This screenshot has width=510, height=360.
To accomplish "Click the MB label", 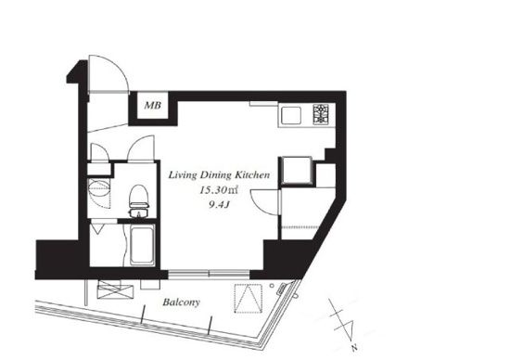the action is tap(153, 106).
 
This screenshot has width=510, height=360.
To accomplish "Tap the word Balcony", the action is tap(181, 302).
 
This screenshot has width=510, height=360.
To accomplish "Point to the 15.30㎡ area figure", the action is tap(219, 190).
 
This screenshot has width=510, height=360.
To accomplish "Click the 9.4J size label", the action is tap(220, 205).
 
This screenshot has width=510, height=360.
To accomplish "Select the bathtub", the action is tap(142, 245).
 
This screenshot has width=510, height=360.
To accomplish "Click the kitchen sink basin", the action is tap(291, 116).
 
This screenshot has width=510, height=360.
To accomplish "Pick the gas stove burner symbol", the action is tap(322, 114).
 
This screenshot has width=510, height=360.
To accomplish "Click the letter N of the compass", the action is tap(354, 348).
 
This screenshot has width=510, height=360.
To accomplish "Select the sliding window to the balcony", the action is tap(209, 274).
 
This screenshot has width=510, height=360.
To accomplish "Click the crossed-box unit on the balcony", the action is tap(115, 289).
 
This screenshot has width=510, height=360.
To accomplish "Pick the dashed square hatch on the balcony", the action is tap(249, 299).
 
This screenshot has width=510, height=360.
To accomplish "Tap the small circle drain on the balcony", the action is tap(272, 286).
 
